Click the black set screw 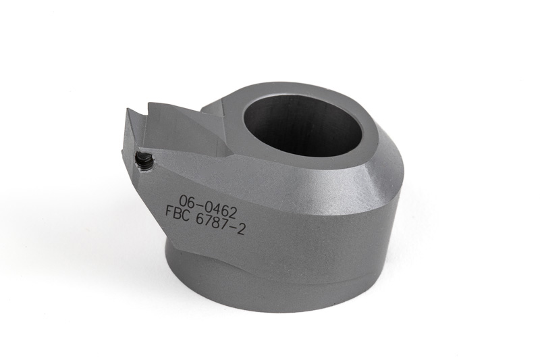144,160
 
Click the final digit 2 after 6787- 241,230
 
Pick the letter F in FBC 169,211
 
